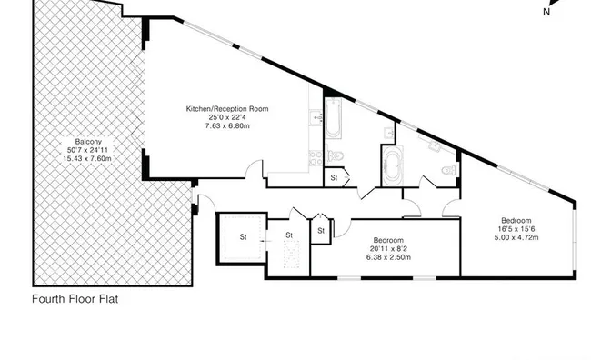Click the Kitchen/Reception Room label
point(227,109)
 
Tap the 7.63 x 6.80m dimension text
point(227,125)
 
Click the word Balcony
point(88,142)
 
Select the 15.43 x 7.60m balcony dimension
point(87,158)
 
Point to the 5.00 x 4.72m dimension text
point(516,237)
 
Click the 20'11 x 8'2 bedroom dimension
point(388,248)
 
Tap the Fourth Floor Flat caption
point(75,299)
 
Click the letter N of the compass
point(546,12)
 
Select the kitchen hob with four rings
point(316,158)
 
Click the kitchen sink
point(316,116)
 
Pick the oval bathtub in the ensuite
point(393,165)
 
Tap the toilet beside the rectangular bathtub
point(335,156)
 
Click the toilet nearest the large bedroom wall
point(449,169)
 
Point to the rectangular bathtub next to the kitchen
point(333,117)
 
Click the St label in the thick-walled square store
point(243,237)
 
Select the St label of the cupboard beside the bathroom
point(334,177)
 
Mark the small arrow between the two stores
point(265,241)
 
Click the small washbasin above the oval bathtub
point(389,133)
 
